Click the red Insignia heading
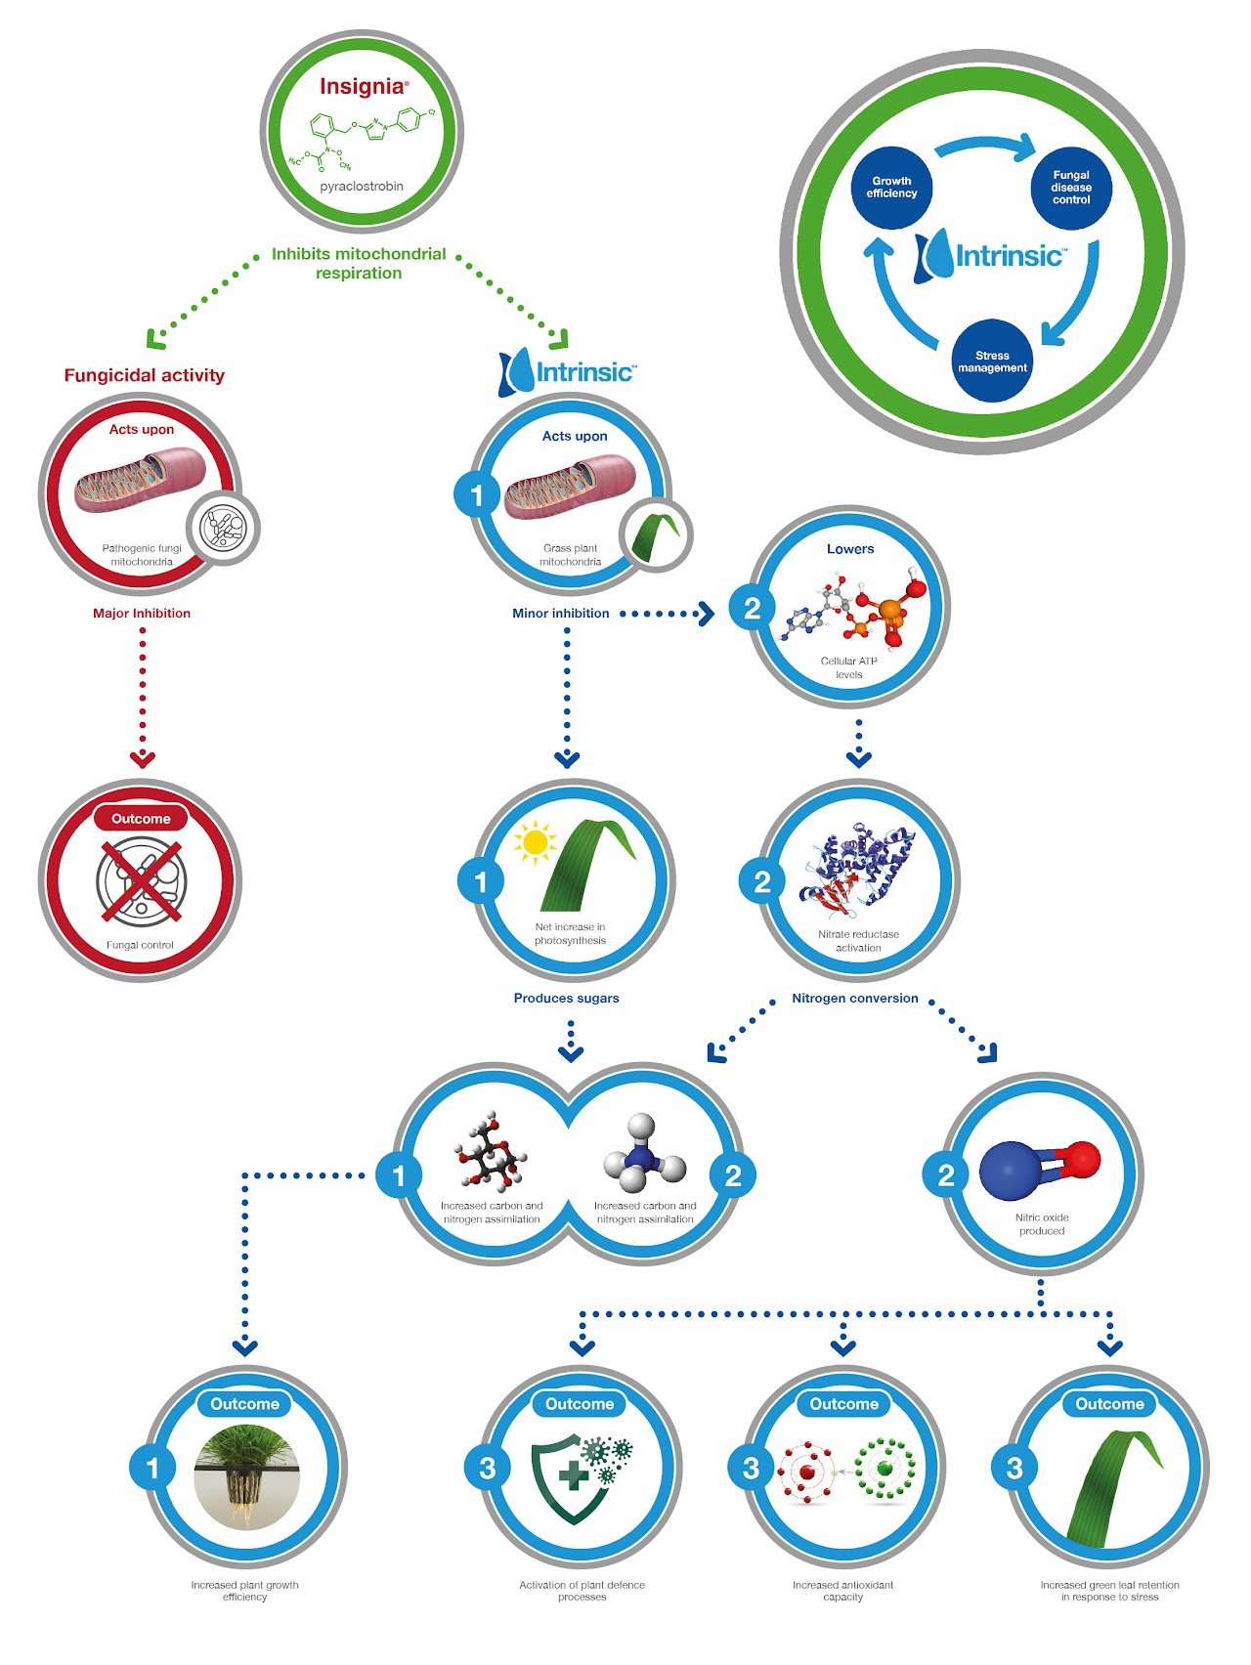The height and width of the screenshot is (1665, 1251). coord(361,86)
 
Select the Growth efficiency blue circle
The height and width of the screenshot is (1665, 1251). coord(891,188)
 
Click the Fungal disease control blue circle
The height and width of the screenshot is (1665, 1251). coord(1071,188)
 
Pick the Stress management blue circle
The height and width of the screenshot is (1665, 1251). coord(992,362)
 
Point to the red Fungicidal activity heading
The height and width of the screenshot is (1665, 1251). coord(145,375)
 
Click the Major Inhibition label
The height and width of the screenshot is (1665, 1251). coord(142,614)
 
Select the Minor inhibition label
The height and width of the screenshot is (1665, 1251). coord(561,614)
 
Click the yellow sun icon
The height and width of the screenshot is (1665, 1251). coord(535,842)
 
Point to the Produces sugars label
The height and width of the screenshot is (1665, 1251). coord(567,999)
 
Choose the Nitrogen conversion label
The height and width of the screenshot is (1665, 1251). coord(855,999)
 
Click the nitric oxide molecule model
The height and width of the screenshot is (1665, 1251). coord(1040,1168)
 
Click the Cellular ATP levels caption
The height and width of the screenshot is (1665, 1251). coord(848,667)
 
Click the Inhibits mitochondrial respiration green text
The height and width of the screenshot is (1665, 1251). coord(359,264)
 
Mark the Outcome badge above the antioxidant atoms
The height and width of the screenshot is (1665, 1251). coord(844,1404)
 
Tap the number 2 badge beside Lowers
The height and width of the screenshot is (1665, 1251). coord(752,608)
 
